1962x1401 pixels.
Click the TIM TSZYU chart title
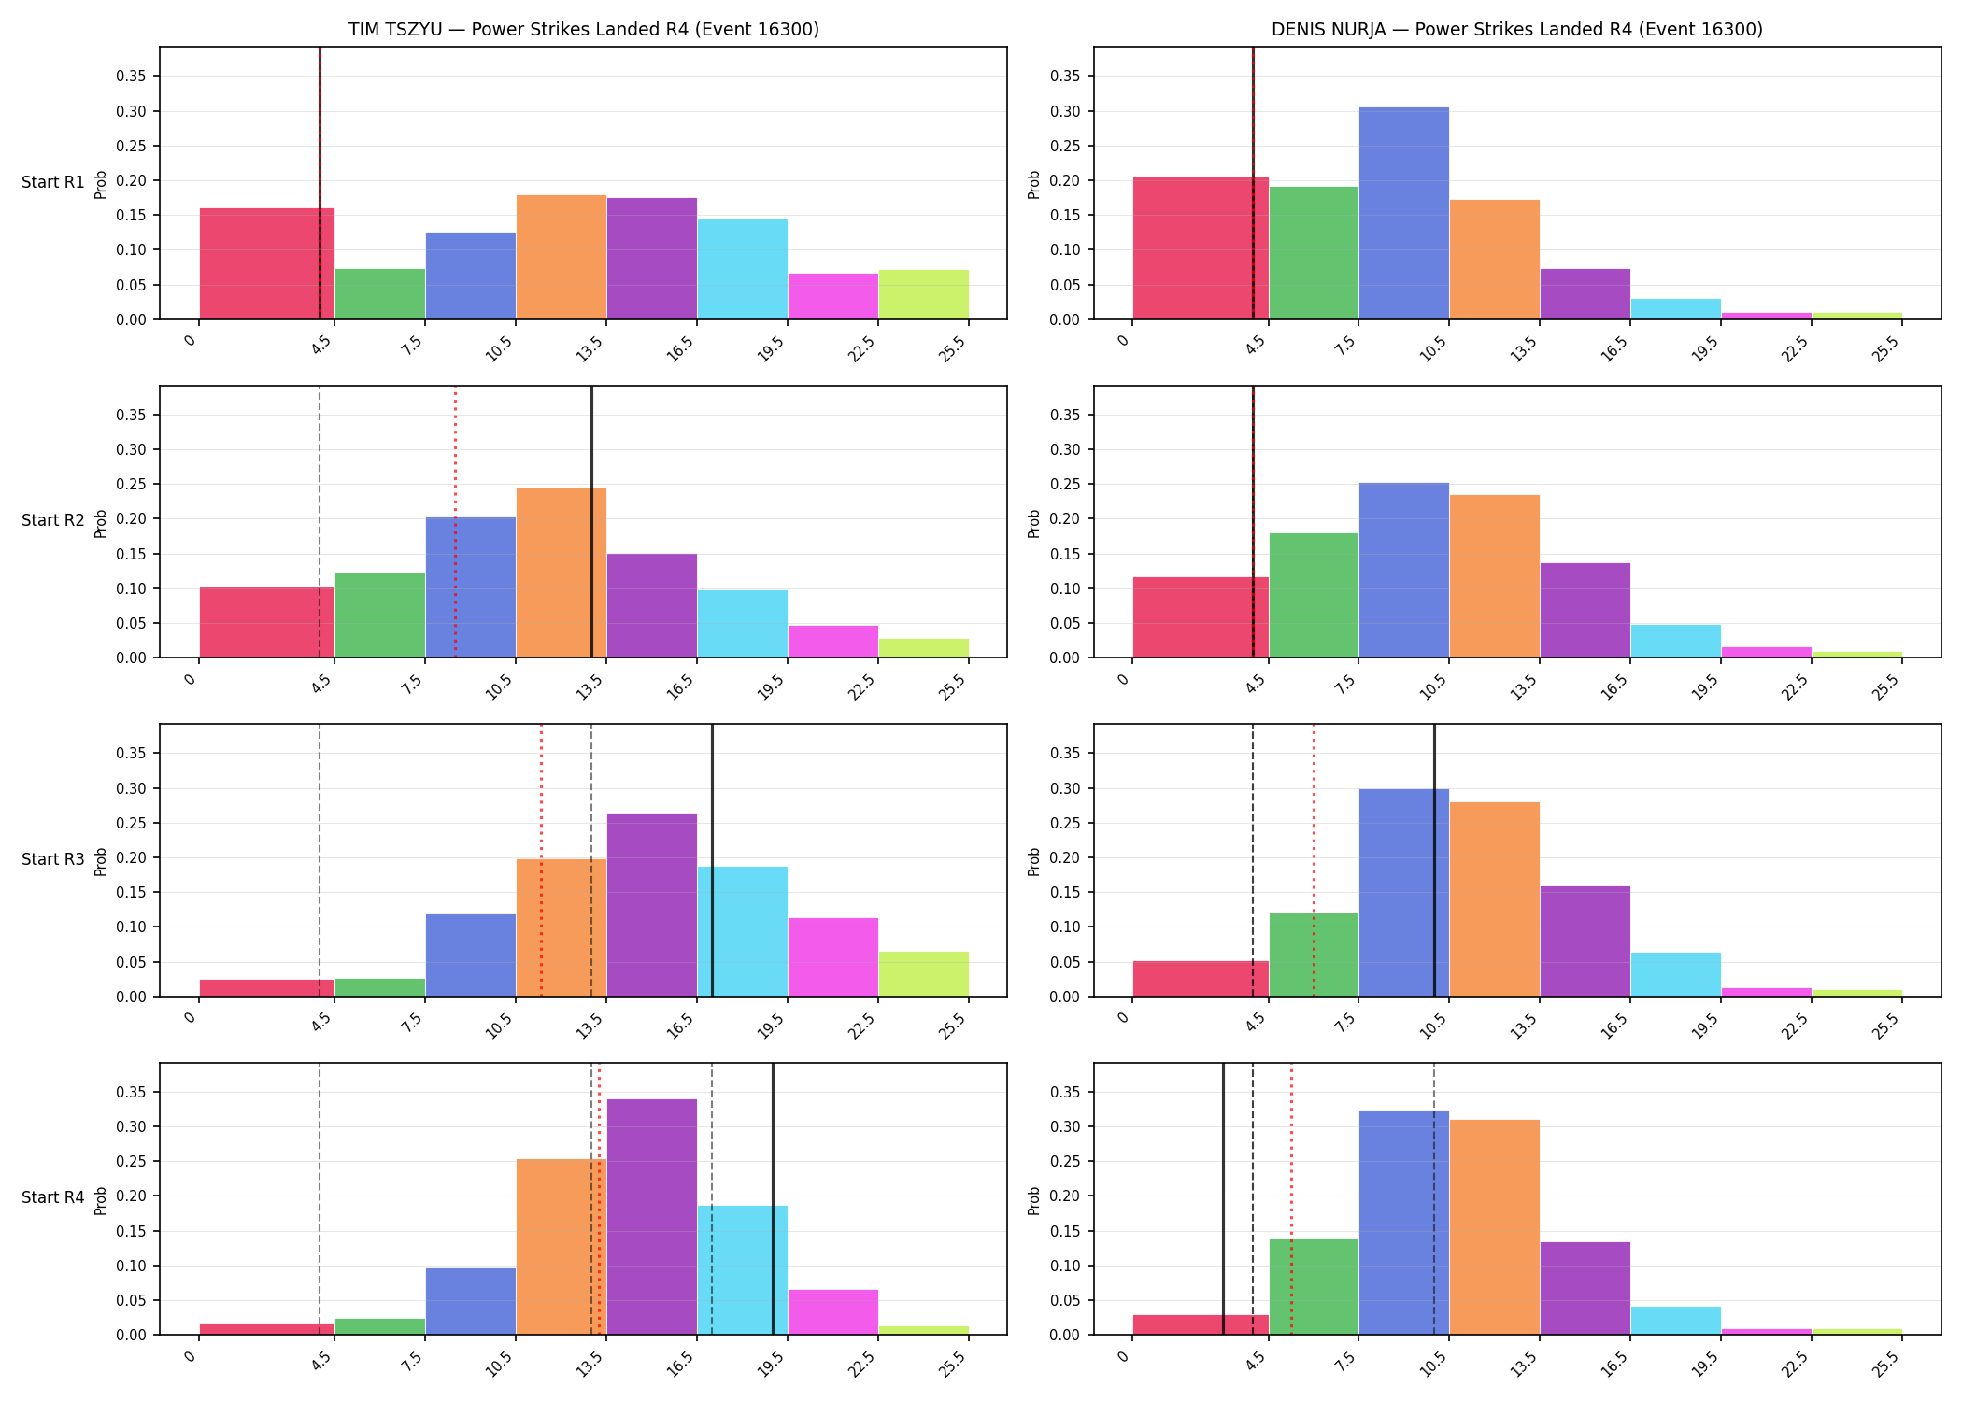(x=584, y=29)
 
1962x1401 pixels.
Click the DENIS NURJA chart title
(x=1517, y=29)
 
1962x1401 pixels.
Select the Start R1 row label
(x=53, y=182)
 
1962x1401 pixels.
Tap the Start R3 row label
(x=53, y=859)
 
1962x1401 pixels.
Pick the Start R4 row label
(x=53, y=1197)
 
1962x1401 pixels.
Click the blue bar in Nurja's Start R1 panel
(x=1404, y=213)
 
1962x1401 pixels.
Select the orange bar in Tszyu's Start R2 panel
(x=562, y=573)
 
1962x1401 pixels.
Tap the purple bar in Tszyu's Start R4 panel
(x=652, y=1217)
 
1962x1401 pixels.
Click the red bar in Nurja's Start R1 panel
(x=1201, y=248)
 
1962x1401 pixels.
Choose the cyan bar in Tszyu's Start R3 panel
(x=743, y=931)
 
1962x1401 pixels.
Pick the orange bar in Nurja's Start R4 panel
(x=1495, y=1227)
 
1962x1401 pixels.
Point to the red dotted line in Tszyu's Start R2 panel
(x=455, y=521)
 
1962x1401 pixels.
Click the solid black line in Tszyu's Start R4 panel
(x=773, y=1198)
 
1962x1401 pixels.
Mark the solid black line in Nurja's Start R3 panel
(x=1434, y=860)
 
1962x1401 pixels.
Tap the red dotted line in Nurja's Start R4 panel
(x=1291, y=1198)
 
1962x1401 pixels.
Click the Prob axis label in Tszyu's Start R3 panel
(x=101, y=860)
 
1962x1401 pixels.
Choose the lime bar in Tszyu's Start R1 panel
(x=924, y=294)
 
